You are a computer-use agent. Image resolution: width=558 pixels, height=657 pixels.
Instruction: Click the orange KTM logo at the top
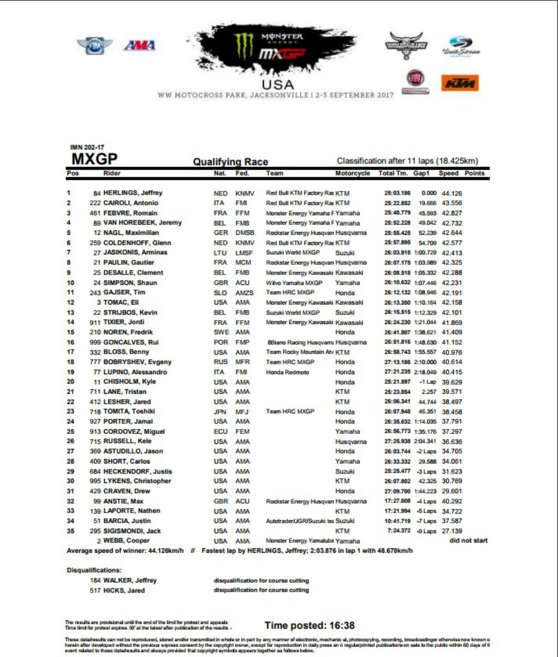coord(460,83)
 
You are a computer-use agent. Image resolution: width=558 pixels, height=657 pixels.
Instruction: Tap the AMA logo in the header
coord(139,46)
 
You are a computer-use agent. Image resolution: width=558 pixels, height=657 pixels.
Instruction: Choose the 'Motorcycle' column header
coord(353,173)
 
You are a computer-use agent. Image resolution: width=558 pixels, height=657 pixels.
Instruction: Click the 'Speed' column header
coord(448,173)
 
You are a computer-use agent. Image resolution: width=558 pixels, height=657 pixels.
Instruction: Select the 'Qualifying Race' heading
coord(230,162)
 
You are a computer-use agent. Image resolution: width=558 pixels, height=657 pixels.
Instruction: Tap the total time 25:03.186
coord(395,193)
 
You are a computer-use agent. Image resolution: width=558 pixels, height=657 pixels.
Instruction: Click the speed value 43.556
coord(453,203)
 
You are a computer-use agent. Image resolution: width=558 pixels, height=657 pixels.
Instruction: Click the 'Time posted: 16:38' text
coord(310,625)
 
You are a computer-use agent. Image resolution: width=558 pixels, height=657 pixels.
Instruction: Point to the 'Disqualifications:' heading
coord(94,571)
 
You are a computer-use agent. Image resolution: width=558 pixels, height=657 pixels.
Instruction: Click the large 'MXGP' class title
coord(94,159)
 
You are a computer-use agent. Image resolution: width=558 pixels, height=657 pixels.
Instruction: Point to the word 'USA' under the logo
coord(277,84)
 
